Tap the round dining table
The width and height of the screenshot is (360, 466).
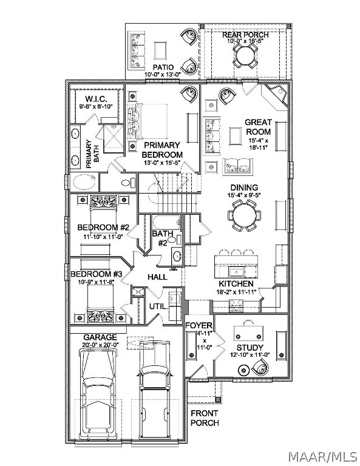(245, 215)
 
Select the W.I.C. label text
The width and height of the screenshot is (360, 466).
(96, 99)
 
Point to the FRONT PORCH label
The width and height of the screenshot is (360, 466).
(205, 418)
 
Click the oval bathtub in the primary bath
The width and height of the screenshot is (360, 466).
(83, 182)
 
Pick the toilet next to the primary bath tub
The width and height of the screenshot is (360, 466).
(129, 183)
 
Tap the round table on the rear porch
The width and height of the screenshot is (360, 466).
(245, 55)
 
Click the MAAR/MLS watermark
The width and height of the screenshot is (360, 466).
(323, 456)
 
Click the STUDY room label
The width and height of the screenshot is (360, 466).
(250, 348)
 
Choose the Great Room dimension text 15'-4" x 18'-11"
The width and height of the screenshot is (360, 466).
(258, 144)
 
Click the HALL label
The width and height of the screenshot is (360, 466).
(158, 277)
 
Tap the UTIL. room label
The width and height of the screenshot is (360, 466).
(158, 306)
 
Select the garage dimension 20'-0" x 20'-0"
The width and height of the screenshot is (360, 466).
(100, 345)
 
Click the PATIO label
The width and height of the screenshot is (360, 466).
(163, 67)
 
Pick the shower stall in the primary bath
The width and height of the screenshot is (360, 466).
(112, 138)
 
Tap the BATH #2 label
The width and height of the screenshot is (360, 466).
(162, 238)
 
